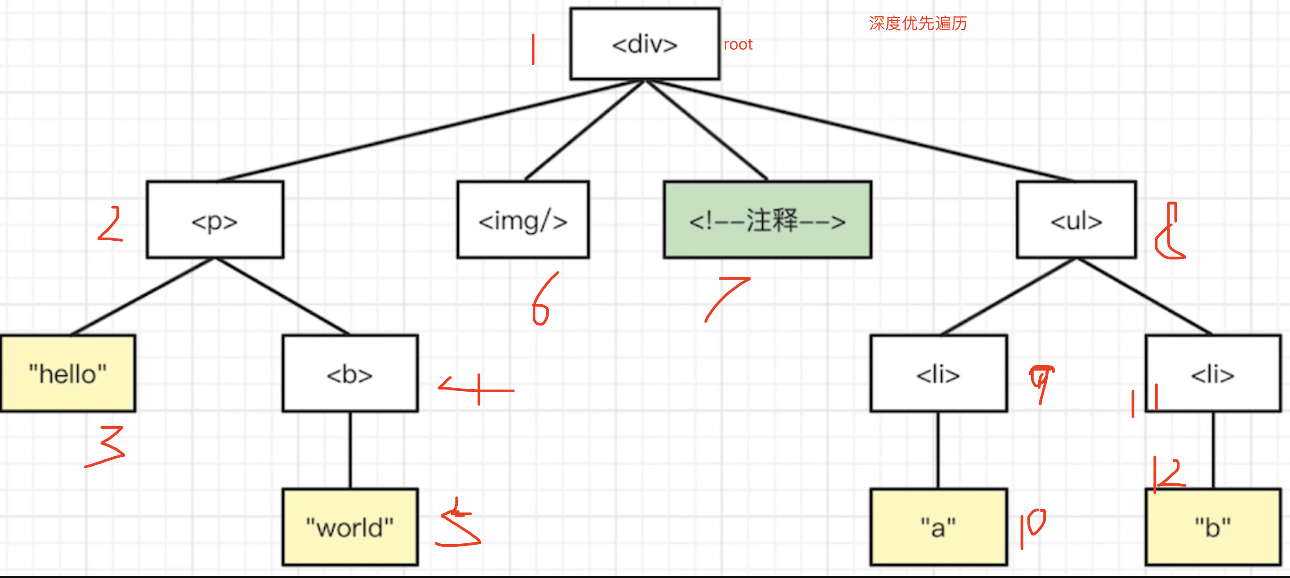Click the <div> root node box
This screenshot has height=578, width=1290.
[x=645, y=44]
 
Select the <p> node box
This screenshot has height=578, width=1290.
[x=215, y=220]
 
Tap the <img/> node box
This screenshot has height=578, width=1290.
[x=523, y=220]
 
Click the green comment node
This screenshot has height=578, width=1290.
[x=767, y=220]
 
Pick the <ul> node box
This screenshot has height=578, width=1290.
[x=1076, y=220]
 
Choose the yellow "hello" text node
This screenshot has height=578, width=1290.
[x=68, y=373]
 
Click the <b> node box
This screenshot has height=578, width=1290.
[x=350, y=373]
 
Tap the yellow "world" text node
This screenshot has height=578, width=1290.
[x=350, y=527]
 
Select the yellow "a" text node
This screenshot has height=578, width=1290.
[x=939, y=527]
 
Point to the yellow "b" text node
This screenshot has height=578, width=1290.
[x=1213, y=527]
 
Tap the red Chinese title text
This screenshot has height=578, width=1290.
[x=917, y=23]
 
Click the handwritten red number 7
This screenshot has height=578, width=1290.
[x=726, y=298]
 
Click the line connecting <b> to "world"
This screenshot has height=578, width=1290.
[x=350, y=450]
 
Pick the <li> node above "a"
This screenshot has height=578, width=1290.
[x=939, y=373]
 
